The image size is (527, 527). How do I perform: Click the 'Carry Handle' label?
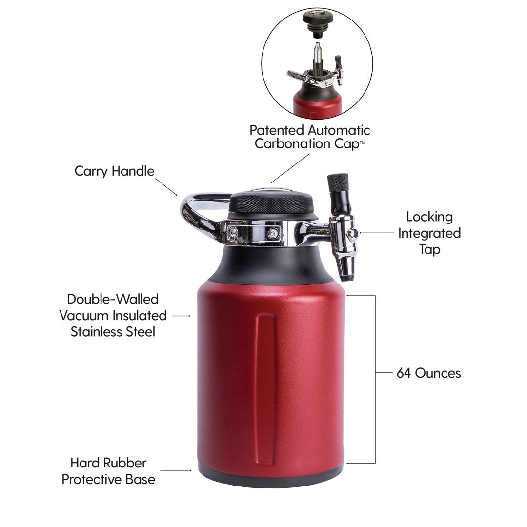[x=114, y=171]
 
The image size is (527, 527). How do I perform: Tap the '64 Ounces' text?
[x=428, y=373]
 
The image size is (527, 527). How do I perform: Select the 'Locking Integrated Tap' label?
[x=429, y=233]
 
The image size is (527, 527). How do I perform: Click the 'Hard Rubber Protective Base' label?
[x=108, y=471]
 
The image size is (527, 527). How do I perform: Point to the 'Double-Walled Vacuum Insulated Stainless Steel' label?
[x=113, y=315]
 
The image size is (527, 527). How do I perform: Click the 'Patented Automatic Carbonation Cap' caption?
[x=309, y=137]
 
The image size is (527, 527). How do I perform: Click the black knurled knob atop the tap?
[x=338, y=182]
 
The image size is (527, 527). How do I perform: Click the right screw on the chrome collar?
[x=273, y=233]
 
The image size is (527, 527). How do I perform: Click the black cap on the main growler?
[x=271, y=203]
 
